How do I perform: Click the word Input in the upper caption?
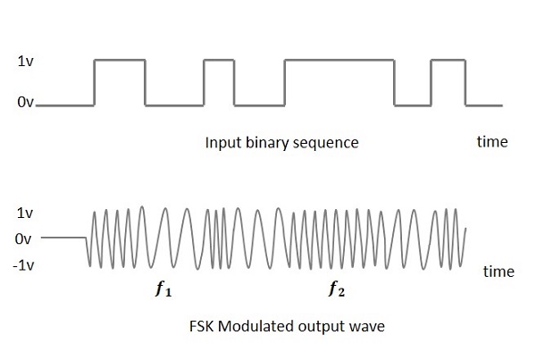pos(222,143)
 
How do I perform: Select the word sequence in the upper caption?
pos(327,143)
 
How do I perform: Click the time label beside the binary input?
pos(491,142)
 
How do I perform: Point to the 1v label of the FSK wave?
pos(24,214)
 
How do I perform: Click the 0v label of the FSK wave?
pos(23,239)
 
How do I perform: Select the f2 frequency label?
pos(336,289)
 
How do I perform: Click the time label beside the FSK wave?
pos(498,272)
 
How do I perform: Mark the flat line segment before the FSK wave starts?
pos(63,239)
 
